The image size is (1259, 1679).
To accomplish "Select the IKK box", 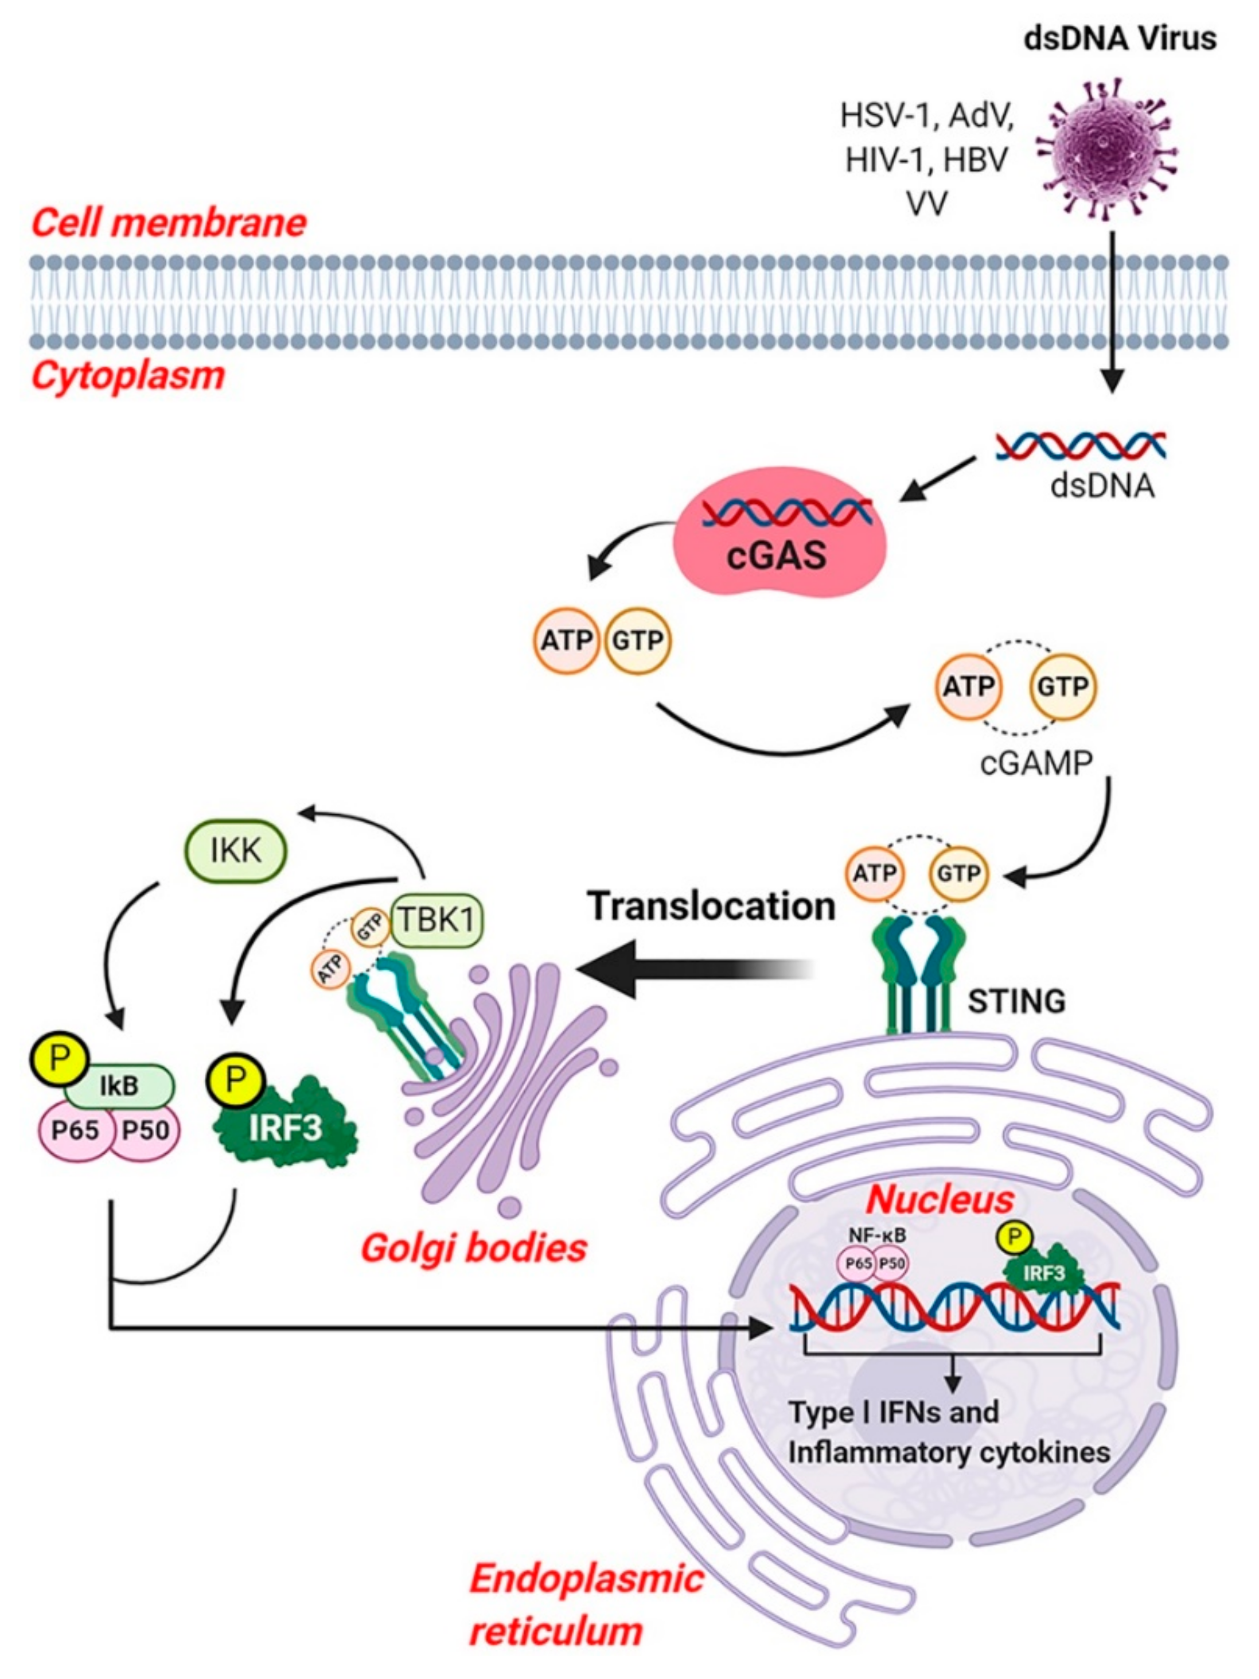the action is click(x=236, y=852).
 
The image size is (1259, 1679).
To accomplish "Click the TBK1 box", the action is click(x=436, y=921).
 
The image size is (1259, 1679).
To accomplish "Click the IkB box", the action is click(x=120, y=1086).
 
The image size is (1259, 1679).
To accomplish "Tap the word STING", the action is click(x=1016, y=1002).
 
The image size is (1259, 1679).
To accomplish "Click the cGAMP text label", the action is click(x=1035, y=763).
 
